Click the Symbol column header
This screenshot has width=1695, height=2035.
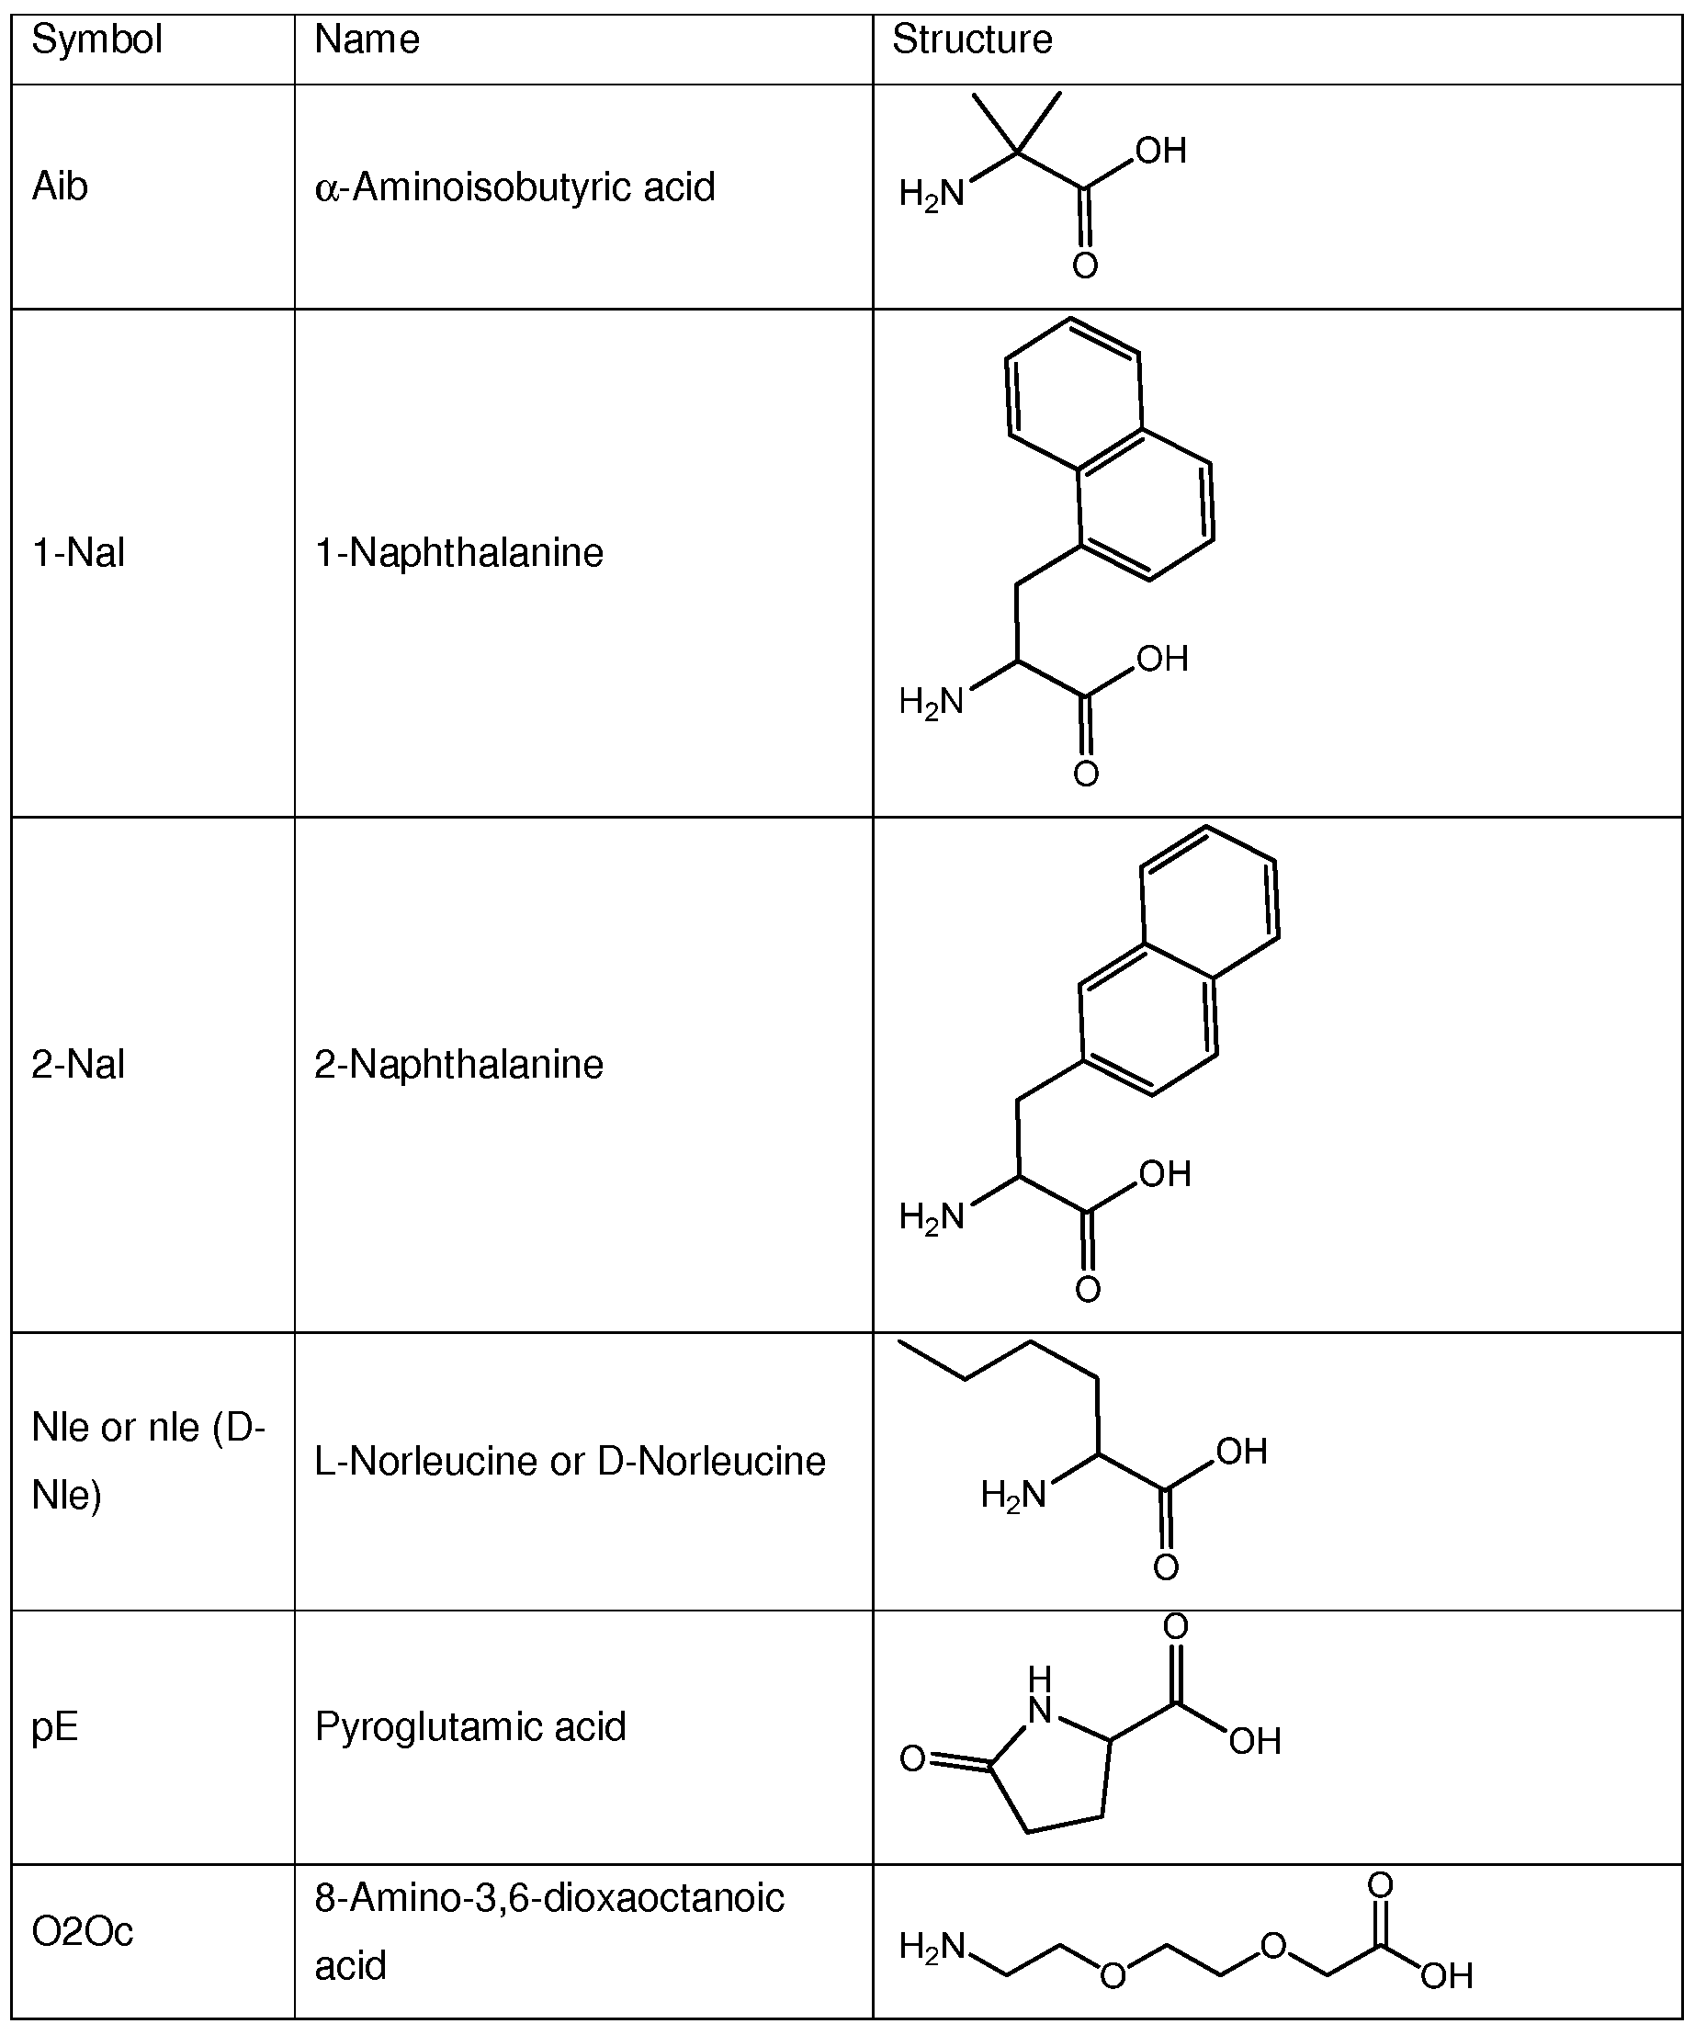pos(96,40)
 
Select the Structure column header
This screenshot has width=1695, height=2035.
pos(971,40)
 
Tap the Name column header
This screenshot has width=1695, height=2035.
pos(367,40)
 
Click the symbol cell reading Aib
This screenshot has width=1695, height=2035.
pos(60,187)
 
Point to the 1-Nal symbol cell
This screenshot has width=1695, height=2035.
pos(77,552)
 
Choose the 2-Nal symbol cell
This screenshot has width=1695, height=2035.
pos(77,1064)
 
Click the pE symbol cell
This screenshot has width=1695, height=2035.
pos(54,1726)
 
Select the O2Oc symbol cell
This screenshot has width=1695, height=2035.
pos(83,1931)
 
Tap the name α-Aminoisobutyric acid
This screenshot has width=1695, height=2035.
pos(514,187)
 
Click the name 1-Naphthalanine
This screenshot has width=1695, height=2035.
pos(458,552)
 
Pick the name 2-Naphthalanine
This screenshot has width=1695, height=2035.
pos(458,1064)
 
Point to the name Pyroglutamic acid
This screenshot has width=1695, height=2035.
pos(470,1726)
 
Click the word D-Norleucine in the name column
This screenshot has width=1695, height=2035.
pos(711,1461)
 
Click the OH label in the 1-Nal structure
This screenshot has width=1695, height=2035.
pos(1161,659)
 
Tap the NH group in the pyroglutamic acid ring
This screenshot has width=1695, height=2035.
pos(1040,1695)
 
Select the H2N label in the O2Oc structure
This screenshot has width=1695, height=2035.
pos(932,1947)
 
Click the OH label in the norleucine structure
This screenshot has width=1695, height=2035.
pos(1241,1451)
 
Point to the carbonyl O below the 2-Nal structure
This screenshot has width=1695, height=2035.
pos(1088,1289)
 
